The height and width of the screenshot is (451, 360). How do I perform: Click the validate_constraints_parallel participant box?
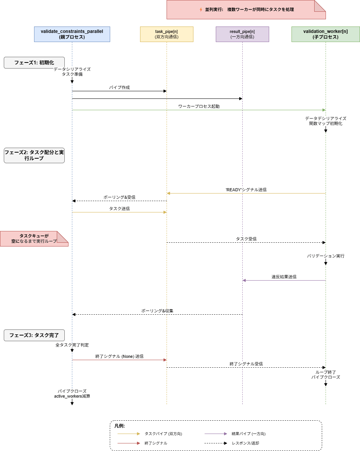click(72, 34)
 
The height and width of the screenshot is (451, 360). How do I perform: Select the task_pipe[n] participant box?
click(167, 34)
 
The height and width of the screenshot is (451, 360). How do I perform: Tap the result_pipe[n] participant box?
click(242, 34)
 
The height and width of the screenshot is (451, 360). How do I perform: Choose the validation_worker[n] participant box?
click(326, 34)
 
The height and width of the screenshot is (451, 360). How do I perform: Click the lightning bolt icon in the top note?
click(201, 9)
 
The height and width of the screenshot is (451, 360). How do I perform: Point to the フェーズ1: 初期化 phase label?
click(34, 62)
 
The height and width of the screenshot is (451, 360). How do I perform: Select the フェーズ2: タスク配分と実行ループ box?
click(34, 155)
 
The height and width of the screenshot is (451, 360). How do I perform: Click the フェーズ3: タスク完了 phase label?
click(34, 335)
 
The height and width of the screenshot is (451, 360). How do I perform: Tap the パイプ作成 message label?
click(119, 87)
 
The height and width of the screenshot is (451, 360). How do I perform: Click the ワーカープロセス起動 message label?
click(199, 106)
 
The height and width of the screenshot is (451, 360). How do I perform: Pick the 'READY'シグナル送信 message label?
click(246, 190)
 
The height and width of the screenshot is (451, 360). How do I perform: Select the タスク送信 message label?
click(119, 209)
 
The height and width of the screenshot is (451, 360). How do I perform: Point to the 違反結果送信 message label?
click(284, 277)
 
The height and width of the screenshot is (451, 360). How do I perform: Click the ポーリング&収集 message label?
click(157, 311)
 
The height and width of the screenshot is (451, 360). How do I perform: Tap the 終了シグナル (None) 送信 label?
click(119, 356)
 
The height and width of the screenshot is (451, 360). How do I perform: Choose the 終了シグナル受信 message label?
click(246, 364)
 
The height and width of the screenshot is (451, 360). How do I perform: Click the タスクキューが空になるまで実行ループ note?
click(34, 239)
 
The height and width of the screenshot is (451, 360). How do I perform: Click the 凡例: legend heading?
click(120, 426)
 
